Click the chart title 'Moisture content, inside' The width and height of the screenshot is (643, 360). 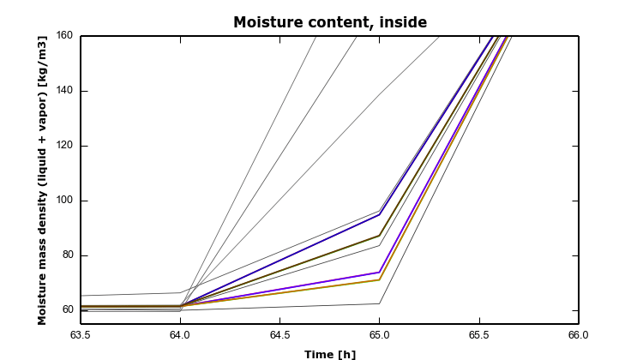click(x=330, y=22)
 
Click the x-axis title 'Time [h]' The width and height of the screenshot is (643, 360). click(x=330, y=353)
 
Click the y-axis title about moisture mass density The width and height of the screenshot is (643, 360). click(x=42, y=180)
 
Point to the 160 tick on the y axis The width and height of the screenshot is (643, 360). click(x=63, y=36)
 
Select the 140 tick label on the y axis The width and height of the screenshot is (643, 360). click(x=63, y=91)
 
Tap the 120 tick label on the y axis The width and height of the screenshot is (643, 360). click(x=63, y=146)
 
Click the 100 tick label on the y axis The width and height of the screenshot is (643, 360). click(x=63, y=201)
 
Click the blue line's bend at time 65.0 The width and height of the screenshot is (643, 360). click(x=380, y=214)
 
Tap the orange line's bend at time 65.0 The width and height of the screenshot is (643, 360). click(x=380, y=279)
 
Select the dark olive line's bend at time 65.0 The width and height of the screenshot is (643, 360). click(x=380, y=235)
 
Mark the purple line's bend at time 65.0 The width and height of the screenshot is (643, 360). click(x=380, y=272)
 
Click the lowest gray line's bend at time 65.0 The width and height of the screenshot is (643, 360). click(x=380, y=303)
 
